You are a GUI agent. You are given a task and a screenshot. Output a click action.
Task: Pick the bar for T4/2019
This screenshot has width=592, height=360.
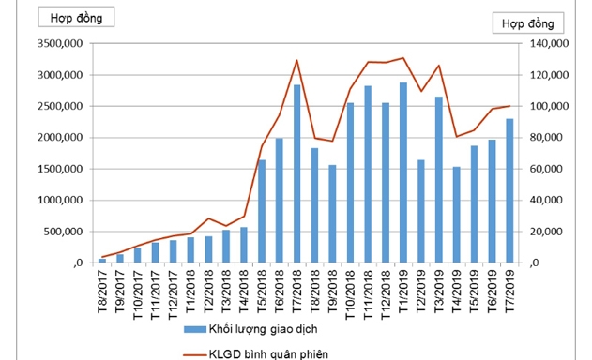[456, 215]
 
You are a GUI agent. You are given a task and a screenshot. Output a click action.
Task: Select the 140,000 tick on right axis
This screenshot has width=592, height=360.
[543, 44]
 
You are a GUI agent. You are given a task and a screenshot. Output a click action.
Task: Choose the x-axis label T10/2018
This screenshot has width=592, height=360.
[350, 291]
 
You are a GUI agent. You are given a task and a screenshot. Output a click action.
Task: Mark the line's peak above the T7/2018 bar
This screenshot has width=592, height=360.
[296, 61]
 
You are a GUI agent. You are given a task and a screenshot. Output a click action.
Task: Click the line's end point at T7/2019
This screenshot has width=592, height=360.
[509, 106]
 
